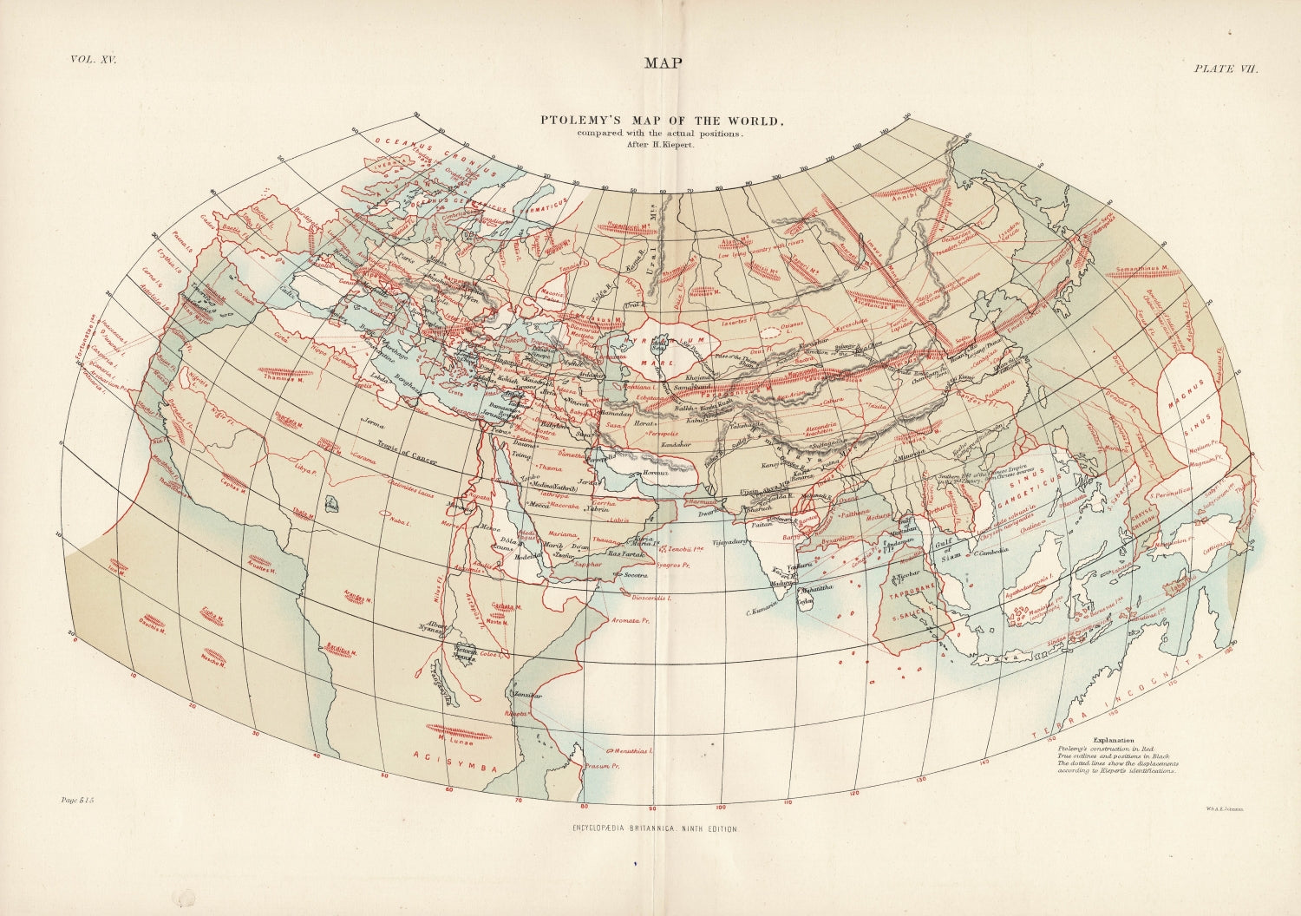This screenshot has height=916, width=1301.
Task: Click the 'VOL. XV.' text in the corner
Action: (x=93, y=60)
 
